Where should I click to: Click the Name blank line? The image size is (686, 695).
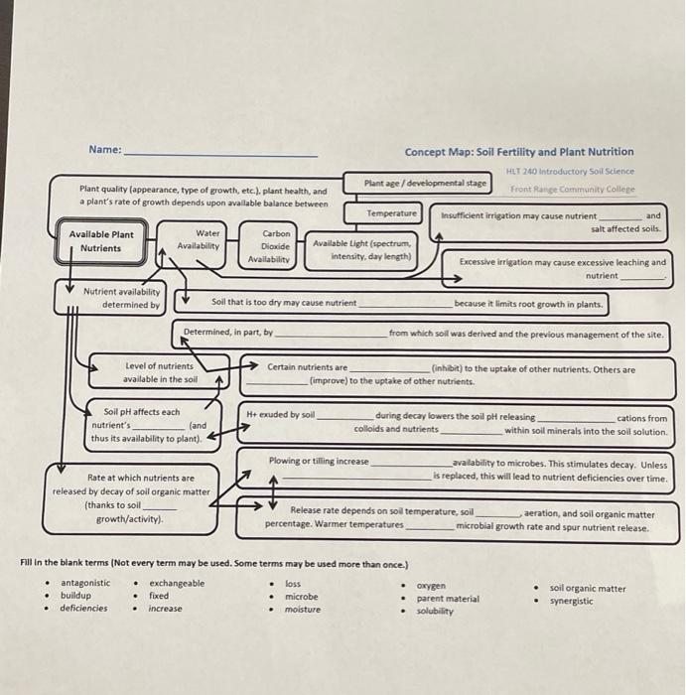tap(220, 154)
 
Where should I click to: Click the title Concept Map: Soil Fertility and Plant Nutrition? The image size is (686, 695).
tap(518, 152)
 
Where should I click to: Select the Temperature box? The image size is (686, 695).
tap(392, 213)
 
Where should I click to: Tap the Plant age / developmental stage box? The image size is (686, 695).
tap(425, 183)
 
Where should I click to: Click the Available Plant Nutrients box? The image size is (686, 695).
tap(101, 241)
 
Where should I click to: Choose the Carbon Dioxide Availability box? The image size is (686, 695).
tap(269, 246)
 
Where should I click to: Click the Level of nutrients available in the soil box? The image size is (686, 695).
tap(160, 372)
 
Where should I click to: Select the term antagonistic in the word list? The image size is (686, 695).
tap(85, 583)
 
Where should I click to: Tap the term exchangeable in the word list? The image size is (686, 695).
tap(177, 583)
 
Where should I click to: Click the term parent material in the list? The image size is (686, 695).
tap(447, 599)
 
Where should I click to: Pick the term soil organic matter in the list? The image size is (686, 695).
tap(588, 588)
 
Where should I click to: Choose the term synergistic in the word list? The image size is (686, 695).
tap(571, 601)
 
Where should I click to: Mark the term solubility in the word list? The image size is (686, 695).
tap(435, 611)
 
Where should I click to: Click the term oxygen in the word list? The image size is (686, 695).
tap(431, 586)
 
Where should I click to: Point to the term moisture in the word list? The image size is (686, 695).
tap(302, 609)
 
